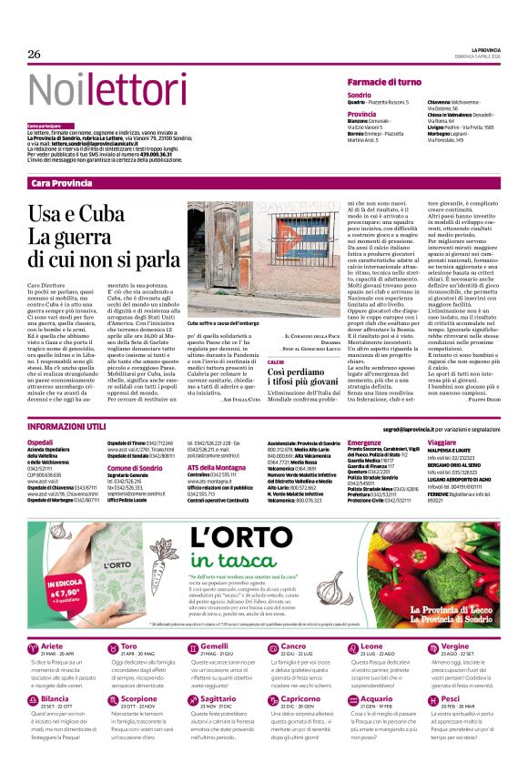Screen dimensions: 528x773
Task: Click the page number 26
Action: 34,55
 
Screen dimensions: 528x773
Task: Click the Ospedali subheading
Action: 42,441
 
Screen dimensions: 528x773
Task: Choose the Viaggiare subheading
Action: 442,441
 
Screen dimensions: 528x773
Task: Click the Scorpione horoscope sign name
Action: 138,699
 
